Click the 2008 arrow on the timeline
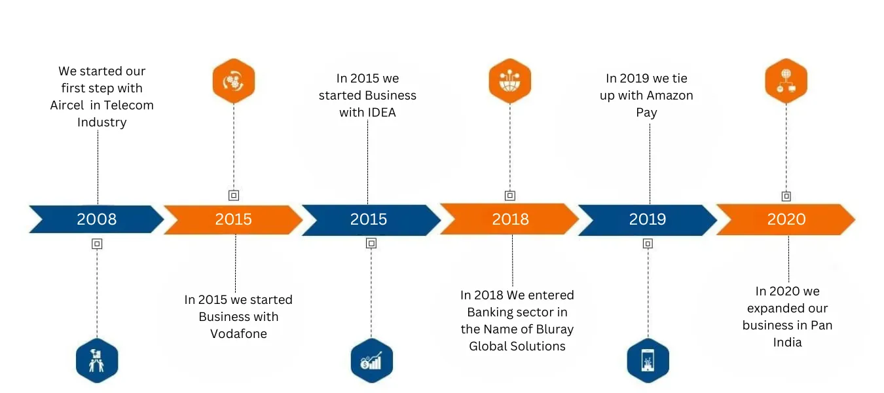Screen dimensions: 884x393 [97, 219]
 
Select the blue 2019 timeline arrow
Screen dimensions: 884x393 [648, 220]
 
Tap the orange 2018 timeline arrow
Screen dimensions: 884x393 [509, 219]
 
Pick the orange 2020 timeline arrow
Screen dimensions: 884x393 [786, 219]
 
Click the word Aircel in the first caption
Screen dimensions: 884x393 [67, 105]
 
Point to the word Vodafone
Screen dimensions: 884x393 [238, 334]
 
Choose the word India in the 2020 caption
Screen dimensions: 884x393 [787, 342]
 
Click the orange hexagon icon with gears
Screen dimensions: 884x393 [234, 81]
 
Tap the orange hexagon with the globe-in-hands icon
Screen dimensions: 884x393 [510, 81]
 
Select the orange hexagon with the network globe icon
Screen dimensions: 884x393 [786, 81]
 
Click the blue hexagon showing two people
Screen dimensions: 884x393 [97, 360]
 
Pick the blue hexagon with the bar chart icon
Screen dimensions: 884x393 [372, 360]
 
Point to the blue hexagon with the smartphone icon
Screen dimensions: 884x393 [648, 360]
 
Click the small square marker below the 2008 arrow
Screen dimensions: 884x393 [97, 244]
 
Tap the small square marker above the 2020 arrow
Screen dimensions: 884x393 [786, 196]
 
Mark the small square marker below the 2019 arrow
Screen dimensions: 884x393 [648, 244]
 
